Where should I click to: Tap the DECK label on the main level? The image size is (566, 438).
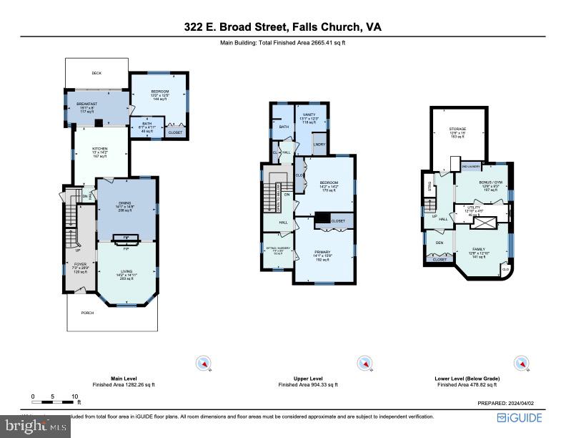[x=96, y=73]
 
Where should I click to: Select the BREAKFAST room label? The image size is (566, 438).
[x=86, y=105]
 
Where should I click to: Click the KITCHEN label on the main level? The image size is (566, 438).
[x=100, y=149]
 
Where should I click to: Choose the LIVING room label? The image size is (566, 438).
[x=126, y=271]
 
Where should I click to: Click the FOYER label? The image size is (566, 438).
[x=80, y=263]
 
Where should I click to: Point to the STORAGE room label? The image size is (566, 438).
[x=458, y=129]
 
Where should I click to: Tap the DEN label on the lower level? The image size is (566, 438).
[x=440, y=243]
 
